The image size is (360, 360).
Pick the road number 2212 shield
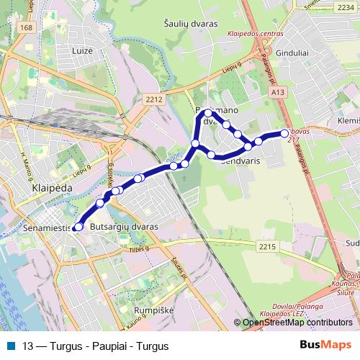pos(153,99)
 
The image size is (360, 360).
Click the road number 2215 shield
pos(268,246)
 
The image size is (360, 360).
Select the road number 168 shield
pos(27,27)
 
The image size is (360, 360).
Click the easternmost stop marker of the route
pos(284,132)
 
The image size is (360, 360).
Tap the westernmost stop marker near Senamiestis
pos(79,228)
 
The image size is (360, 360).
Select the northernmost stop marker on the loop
pos(208,113)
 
